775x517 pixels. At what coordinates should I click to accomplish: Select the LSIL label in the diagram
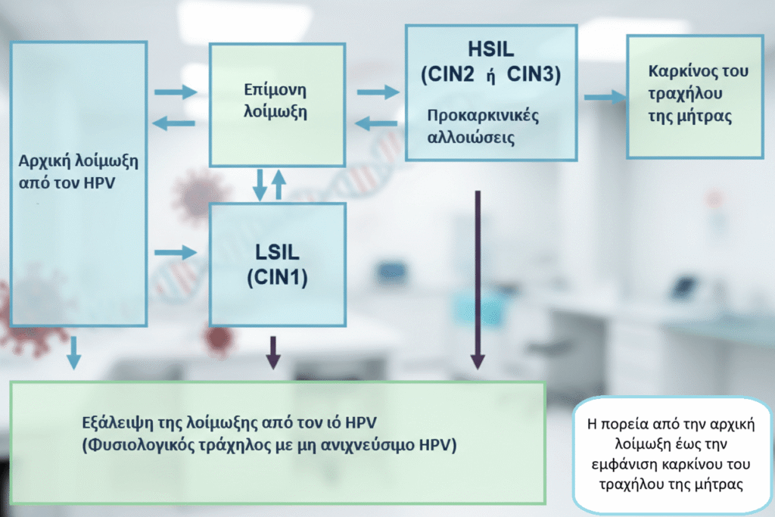(277, 252)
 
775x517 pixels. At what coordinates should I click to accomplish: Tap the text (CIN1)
(277, 278)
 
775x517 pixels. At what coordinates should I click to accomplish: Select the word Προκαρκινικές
(482, 117)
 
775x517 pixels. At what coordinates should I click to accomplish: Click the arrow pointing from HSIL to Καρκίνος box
(605, 97)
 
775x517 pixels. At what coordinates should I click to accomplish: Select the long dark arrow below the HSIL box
(478, 280)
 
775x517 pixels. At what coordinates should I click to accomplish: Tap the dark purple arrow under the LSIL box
(272, 351)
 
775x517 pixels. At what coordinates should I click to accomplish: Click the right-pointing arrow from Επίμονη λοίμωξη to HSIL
(377, 92)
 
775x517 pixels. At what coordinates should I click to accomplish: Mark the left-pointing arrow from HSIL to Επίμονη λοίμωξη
(377, 123)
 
